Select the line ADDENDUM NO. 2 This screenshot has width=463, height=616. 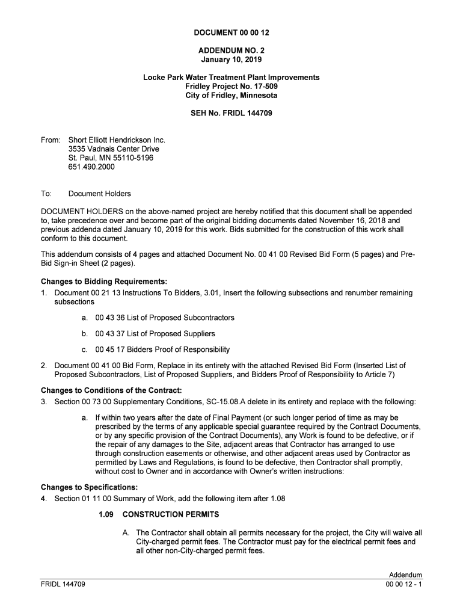[x=231, y=51]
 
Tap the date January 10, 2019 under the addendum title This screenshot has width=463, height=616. [x=231, y=60]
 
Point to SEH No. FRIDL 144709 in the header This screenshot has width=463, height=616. [x=231, y=113]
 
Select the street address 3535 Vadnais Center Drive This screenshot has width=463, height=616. [x=114, y=149]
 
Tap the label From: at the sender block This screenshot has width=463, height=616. [x=50, y=140]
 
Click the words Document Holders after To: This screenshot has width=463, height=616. [x=99, y=194]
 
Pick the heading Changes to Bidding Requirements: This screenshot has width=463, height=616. [x=103, y=282]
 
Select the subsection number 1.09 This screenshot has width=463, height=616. [x=106, y=514]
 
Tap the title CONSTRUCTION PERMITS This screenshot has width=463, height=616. [x=171, y=514]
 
